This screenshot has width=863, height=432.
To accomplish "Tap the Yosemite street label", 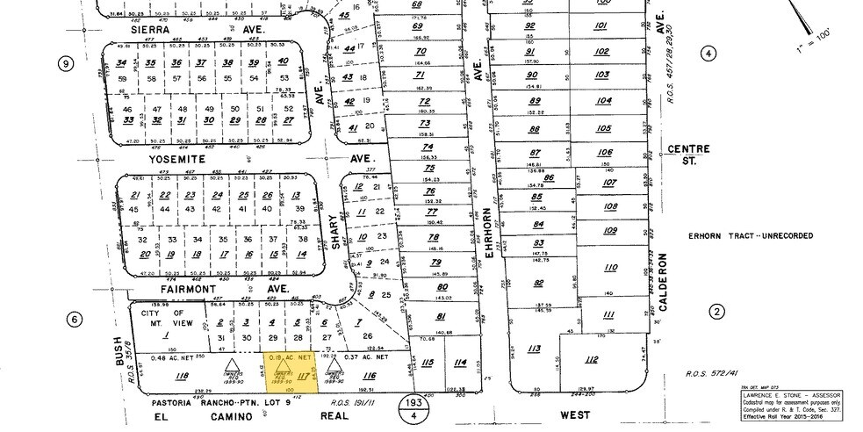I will coord(178,161).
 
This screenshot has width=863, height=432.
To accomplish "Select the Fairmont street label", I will coord(189,287).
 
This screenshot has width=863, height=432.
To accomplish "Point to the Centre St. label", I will coord(688,155).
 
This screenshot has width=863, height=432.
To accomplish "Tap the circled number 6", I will coord(76,320).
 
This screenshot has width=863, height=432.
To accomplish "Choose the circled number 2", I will coord(717,312).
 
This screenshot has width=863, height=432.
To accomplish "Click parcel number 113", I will coord(534,349).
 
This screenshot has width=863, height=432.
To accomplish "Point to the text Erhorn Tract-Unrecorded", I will coord(750,236).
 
